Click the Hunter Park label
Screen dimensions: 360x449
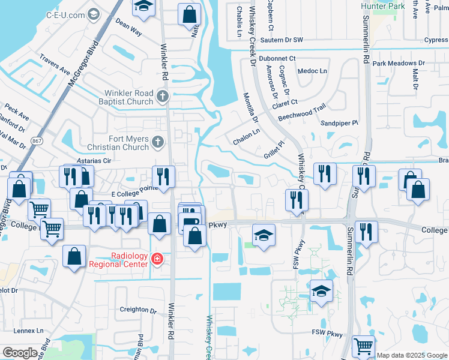click(x=383, y=6)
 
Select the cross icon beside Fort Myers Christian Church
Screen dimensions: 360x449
click(x=158, y=142)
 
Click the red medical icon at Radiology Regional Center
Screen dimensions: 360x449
click(x=157, y=259)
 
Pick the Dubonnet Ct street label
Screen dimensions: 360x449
click(x=276, y=58)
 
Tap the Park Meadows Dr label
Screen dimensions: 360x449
click(x=398, y=63)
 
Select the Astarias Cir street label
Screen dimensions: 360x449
click(x=90, y=161)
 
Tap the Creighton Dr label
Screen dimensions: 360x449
click(x=137, y=310)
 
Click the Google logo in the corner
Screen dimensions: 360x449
click(x=20, y=353)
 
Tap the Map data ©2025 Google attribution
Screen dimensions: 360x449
click(x=412, y=355)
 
